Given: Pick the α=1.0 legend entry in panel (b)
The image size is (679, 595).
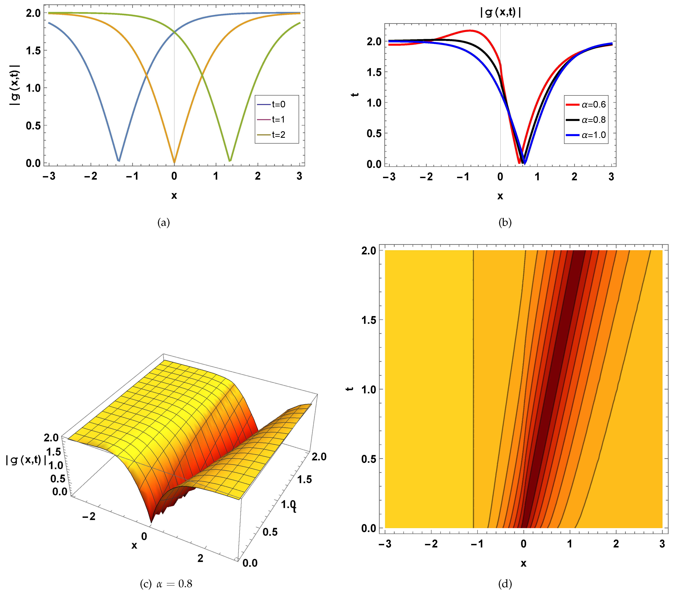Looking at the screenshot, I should click(586, 135).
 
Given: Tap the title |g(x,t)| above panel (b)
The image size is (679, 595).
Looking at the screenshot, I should click(500, 12).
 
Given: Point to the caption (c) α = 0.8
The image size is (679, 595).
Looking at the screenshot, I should click(166, 583).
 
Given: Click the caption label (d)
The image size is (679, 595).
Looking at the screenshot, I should click(505, 583).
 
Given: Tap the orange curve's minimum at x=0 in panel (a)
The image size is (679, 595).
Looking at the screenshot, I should click(174, 162).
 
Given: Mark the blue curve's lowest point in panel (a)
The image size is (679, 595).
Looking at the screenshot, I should click(118, 161).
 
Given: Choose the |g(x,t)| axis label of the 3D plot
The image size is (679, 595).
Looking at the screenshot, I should click(26, 460).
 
